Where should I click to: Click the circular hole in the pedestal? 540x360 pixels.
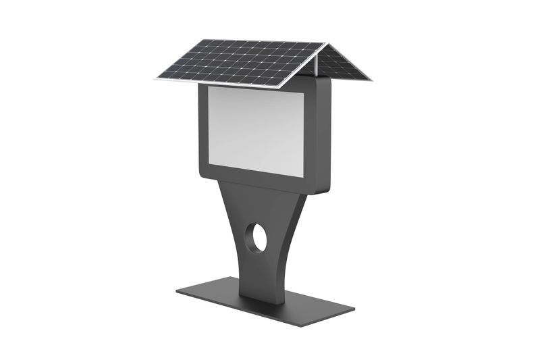tap(256, 238)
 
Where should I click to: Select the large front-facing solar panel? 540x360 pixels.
tap(240, 63)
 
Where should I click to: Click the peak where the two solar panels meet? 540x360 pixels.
tap(327, 44)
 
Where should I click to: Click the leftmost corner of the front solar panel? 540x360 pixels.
tap(156, 78)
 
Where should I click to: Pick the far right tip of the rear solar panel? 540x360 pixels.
tap(371, 80)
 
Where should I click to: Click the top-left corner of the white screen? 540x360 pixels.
tap(209, 87)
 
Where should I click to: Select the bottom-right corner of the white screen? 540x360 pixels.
tap(304, 177)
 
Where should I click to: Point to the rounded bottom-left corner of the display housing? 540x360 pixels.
tap(202, 172)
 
